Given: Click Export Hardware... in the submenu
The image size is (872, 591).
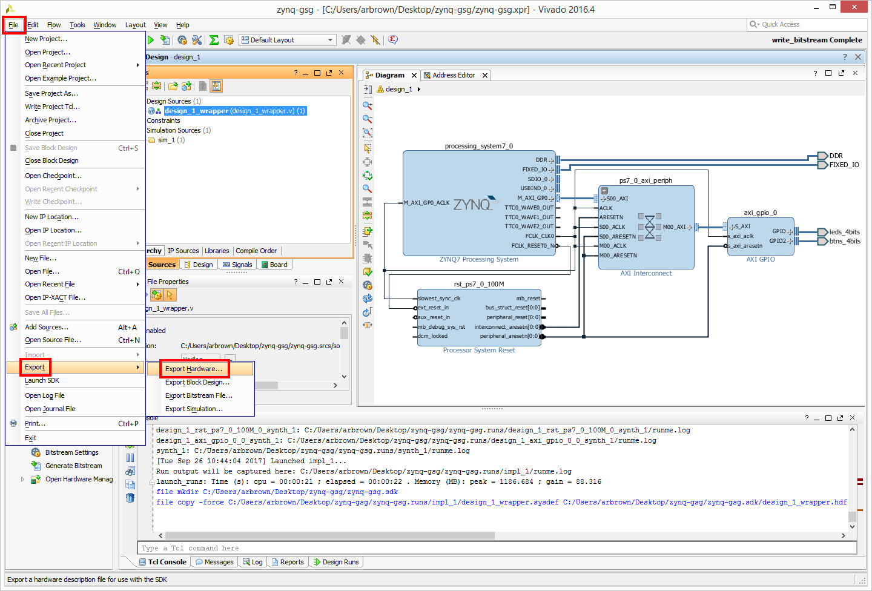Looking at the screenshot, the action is coord(194,369).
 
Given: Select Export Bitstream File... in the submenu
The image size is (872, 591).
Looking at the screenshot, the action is coord(199,395).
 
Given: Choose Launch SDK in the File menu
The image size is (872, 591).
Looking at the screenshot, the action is coord(42,380).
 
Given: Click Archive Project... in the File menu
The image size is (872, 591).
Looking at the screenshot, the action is coord(51,120).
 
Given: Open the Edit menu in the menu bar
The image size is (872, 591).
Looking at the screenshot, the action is coord(33,25).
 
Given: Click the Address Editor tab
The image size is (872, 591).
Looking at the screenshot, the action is coord(454,75).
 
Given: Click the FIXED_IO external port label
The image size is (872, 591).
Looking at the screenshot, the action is coord(844,165).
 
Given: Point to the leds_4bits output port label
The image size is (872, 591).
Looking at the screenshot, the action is coord(844,232).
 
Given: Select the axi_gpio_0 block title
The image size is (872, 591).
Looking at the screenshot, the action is coord(761,213).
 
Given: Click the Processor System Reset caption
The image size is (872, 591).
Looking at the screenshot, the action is coord(479,350).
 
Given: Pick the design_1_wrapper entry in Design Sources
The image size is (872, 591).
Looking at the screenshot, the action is coord(235,111).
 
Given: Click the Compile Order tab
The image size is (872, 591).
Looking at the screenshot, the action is coord(256,251).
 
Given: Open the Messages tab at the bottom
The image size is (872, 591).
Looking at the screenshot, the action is coord(214,562).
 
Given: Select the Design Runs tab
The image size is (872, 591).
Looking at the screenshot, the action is coord(337,562).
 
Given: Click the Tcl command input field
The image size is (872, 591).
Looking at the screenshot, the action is coord(497,548).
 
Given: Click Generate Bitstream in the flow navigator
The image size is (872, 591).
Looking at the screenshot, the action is coord(74,466).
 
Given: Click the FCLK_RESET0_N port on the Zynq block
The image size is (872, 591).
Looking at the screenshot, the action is coord(532,246).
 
